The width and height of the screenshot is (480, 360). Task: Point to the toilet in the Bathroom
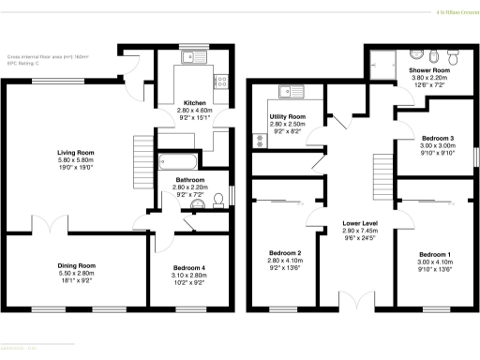click(x=217, y=196)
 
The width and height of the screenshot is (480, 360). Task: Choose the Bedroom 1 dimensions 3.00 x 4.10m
click(x=434, y=263)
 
